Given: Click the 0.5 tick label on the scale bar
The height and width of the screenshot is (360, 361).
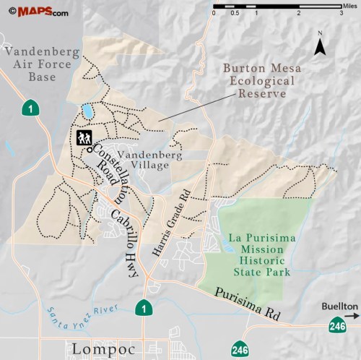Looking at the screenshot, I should pos(235,14).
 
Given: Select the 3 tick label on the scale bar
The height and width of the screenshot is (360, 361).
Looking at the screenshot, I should pos(341,14).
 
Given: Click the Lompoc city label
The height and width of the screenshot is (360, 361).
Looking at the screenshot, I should pos(97,349).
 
